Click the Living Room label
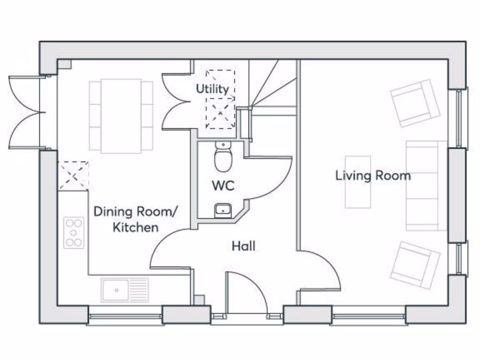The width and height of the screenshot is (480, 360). (x=373, y=176)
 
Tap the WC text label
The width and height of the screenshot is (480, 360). (x=223, y=186)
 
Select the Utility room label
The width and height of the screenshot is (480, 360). (x=212, y=89)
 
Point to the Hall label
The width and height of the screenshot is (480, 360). (x=244, y=246)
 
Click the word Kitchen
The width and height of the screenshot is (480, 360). (x=136, y=227)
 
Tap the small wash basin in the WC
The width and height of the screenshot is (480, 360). (x=222, y=210)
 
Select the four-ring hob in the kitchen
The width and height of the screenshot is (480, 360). (x=74, y=232)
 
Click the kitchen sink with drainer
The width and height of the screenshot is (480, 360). (x=124, y=290)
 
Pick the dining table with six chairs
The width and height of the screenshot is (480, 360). (x=121, y=116)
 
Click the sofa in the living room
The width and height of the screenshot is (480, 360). (x=426, y=186)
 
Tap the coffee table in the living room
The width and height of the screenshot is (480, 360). (x=358, y=182)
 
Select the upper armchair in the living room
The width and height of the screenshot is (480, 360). (x=415, y=104)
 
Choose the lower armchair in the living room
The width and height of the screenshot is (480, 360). (x=415, y=265)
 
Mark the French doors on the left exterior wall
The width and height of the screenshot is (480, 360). (x=26, y=112)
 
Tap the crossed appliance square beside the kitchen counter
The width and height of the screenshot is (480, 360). (x=73, y=176)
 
